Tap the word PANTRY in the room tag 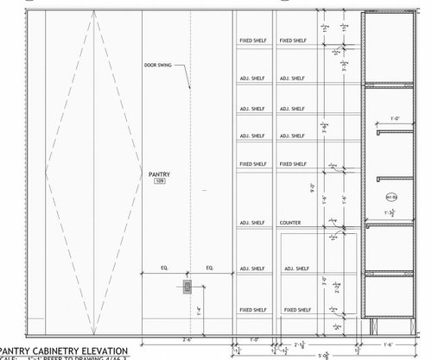point(160,174)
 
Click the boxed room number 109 point(160,182)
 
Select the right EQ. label point(209,268)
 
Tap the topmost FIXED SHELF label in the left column point(252,41)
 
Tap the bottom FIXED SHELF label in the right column point(291,309)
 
